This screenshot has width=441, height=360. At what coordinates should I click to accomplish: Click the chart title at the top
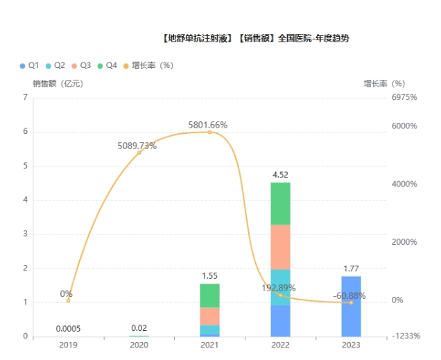coord(254,38)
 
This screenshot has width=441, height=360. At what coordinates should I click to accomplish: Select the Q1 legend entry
coord(29,65)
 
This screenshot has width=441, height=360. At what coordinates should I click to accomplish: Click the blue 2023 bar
coord(351,306)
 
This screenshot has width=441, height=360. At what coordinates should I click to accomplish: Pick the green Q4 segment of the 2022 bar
coord(280,203)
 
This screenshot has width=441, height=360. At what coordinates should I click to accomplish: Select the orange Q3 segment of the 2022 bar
coord(280,247)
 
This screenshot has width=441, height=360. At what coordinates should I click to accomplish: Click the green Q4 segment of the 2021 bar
coord(209,295)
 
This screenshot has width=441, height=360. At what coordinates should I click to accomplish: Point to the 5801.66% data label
coord(207,125)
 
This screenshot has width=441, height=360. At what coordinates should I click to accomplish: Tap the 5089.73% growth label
coord(137,146)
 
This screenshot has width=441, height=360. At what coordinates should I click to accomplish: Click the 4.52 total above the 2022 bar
coord(280,175)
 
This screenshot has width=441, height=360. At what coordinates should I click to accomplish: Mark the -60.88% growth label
coord(349,295)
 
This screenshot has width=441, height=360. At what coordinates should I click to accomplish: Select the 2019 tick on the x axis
coord(68,345)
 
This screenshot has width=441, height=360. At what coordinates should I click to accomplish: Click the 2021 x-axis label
coord(209,345)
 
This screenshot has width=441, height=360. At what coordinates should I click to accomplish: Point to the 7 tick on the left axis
coord(26,98)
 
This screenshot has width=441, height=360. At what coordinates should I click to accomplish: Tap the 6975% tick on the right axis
coord(404,98)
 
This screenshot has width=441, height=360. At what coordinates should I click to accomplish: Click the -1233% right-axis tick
coord(405,336)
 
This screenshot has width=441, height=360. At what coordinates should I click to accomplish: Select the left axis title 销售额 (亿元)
coord(58,83)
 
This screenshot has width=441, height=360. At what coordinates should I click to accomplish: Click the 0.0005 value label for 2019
coord(68,328)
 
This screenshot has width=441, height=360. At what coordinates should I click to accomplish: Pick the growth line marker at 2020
coord(139,153)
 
